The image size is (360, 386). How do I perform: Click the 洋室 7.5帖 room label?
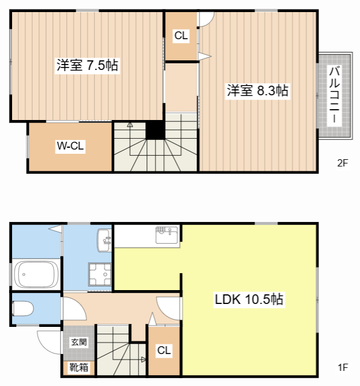[x=87, y=65]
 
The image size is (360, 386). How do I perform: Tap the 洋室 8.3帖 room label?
[x=257, y=90]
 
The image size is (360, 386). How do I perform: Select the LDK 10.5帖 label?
[x=249, y=299]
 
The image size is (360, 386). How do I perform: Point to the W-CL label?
[x=71, y=146]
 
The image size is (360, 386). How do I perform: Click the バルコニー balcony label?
[x=335, y=94]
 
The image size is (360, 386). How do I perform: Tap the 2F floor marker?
[x=343, y=163]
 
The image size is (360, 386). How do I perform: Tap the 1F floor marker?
[x=343, y=367]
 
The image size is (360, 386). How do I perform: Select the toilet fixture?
[x=23, y=309]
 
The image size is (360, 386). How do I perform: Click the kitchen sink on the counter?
[x=167, y=235]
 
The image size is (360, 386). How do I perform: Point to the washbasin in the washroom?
[x=104, y=240]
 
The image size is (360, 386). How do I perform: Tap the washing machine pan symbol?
[x=99, y=274]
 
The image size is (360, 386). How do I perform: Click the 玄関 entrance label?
[x=79, y=342]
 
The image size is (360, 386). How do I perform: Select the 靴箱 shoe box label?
[x=79, y=367]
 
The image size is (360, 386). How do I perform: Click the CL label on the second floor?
[x=181, y=36]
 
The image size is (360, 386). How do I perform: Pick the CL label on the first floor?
[x=164, y=350]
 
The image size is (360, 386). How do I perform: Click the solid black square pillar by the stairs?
[x=155, y=130]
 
